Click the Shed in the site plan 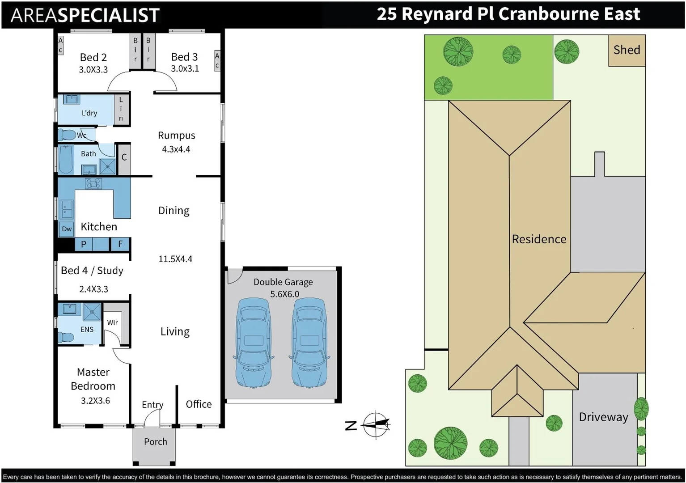point(627,50)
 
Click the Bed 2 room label point(93,57)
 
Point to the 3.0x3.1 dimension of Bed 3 point(185,69)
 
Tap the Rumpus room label point(176,136)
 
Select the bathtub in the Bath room point(66,159)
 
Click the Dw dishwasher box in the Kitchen point(67,229)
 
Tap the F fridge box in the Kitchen point(120,244)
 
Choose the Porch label point(155,442)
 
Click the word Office point(199,404)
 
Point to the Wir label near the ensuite point(112,322)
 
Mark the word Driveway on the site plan point(603,417)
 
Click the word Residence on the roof point(539,239)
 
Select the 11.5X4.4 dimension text point(175,259)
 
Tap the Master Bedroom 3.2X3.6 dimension point(95,401)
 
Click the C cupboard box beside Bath point(124,157)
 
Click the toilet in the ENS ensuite point(66,337)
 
